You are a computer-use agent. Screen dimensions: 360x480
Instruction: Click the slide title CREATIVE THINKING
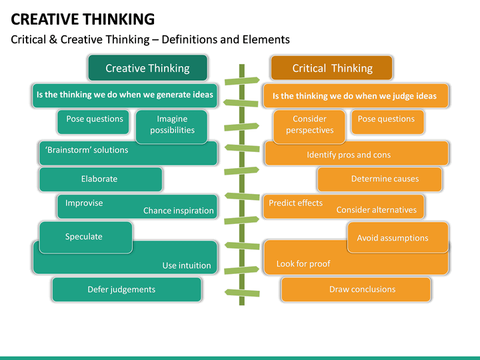[x=83, y=19]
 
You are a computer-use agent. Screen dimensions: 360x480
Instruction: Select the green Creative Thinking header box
[x=147, y=68]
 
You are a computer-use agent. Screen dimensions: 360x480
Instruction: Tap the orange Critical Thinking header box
[x=331, y=68]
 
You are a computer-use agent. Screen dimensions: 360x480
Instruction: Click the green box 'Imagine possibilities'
[x=172, y=125]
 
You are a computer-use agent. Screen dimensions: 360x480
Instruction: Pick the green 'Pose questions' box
[x=95, y=119]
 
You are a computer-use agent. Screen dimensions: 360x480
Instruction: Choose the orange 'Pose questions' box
[x=386, y=119]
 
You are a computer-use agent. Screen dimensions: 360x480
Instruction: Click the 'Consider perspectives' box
[x=309, y=125]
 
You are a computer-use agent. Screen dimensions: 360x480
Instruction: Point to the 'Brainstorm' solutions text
[x=87, y=150]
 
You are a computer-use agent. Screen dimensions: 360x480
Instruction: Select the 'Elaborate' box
[x=99, y=179]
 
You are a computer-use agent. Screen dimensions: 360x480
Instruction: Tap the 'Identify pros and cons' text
[x=358, y=155]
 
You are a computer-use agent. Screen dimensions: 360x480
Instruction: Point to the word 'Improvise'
[x=84, y=203]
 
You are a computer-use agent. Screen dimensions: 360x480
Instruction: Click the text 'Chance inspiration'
[x=178, y=211]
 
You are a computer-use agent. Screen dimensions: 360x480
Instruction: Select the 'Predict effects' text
[x=295, y=203]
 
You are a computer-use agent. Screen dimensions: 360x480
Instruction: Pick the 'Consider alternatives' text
[x=376, y=210]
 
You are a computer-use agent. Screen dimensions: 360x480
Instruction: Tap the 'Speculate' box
[x=84, y=237]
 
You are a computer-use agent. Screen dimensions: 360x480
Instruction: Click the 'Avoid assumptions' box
[x=393, y=238]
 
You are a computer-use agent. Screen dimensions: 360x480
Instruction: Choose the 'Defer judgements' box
[x=121, y=289]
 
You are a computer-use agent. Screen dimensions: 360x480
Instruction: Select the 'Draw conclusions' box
[x=362, y=289]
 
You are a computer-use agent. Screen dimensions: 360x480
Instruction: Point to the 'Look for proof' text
[x=303, y=264]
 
